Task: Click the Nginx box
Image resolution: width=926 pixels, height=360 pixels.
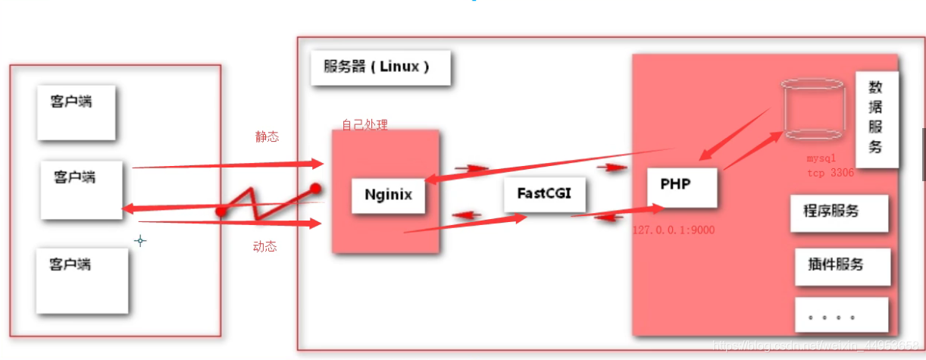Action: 388,195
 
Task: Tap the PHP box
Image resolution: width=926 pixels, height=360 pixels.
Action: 681,186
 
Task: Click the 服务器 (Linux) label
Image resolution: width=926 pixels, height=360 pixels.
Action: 380,67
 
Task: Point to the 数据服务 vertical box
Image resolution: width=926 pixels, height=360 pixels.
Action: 876,119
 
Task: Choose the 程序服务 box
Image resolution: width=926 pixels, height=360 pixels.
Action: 838,212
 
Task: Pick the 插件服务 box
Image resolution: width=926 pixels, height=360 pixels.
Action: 841,265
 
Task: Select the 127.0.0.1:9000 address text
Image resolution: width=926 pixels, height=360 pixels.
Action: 674,230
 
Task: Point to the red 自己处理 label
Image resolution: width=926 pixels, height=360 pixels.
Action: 364,125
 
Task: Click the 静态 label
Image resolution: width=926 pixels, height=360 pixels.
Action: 267,137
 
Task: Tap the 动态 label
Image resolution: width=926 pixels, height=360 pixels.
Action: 264,246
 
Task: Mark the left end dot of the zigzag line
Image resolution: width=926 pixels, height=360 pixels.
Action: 221,211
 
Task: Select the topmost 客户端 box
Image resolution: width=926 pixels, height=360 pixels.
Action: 76,112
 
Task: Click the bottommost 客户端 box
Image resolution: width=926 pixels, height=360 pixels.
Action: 82,280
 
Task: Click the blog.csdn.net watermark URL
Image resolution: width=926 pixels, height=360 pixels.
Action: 818,346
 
